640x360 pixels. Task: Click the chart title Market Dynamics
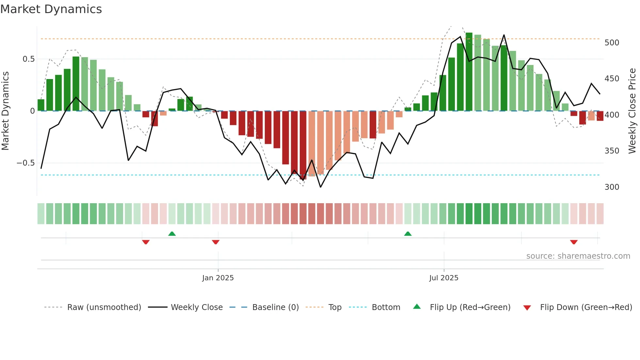click(x=51, y=9)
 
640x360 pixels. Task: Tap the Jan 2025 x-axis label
click(x=218, y=278)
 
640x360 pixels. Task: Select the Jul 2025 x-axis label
click(x=444, y=278)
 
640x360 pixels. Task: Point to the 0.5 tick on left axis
click(x=29, y=59)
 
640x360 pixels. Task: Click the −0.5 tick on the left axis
click(x=26, y=163)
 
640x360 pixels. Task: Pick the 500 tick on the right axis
click(x=612, y=43)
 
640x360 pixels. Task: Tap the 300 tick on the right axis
click(x=612, y=187)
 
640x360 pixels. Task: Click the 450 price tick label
click(x=612, y=79)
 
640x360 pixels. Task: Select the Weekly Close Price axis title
click(x=632, y=111)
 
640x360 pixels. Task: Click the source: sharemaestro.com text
click(x=578, y=256)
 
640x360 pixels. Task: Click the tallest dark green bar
click(x=469, y=72)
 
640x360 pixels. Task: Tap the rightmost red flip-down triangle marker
click(x=574, y=242)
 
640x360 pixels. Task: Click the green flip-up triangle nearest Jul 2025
click(x=408, y=234)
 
